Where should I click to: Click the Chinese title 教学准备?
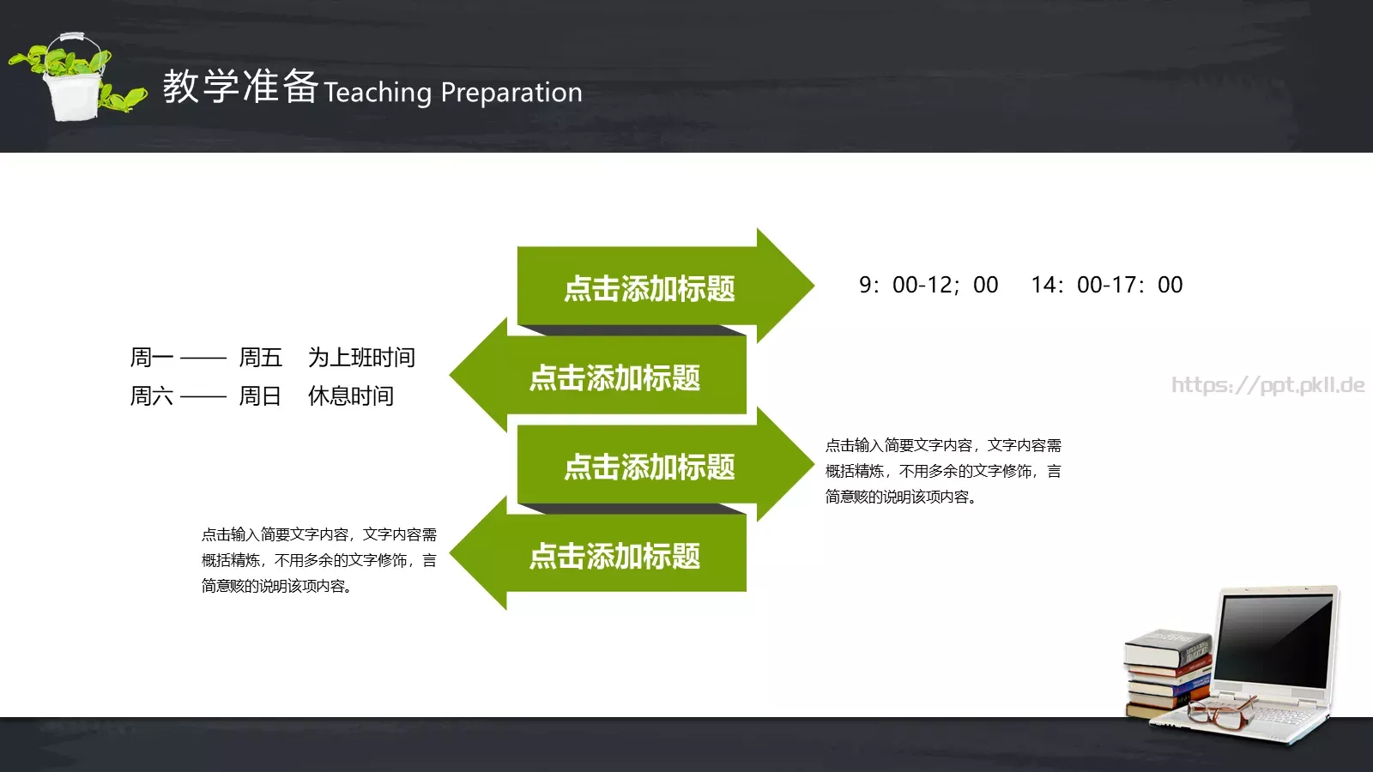click(240, 87)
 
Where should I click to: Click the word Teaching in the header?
click(378, 93)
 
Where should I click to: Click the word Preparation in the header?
click(511, 93)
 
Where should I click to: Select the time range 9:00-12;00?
click(928, 285)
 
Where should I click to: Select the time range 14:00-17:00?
click(1107, 285)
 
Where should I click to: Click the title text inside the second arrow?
click(614, 378)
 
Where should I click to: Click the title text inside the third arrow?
click(650, 467)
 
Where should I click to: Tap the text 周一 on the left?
click(152, 358)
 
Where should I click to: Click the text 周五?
click(260, 358)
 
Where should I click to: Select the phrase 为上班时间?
click(361, 358)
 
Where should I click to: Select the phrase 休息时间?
click(350, 396)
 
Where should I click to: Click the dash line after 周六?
click(203, 397)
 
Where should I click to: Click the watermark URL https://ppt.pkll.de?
click(1267, 385)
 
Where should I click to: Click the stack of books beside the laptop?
click(1167, 673)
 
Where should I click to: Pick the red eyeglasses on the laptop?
click(1219, 712)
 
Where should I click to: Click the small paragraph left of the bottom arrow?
click(318, 560)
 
